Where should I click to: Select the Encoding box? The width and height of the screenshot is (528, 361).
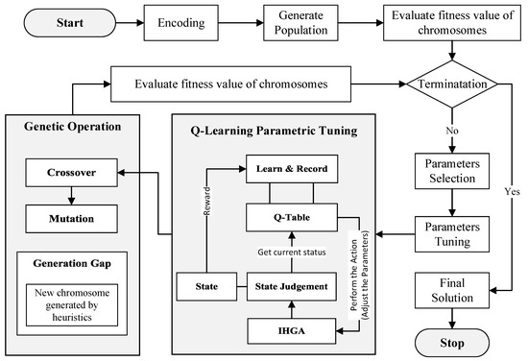tap(182, 22)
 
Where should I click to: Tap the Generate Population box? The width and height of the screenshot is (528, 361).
tap(300, 22)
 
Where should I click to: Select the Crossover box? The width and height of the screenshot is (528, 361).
tap(67, 176)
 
